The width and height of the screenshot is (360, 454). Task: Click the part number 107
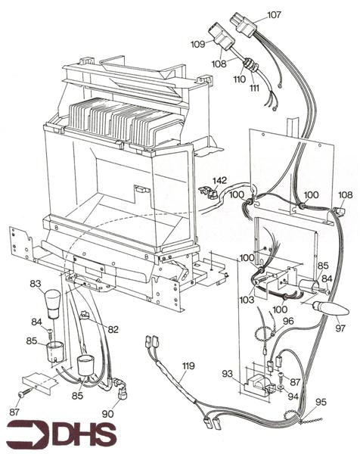[x=274, y=14]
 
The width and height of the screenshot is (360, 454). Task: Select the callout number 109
[x=198, y=44]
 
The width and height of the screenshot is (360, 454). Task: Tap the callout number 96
[x=287, y=320]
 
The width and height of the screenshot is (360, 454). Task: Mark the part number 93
[x=227, y=373]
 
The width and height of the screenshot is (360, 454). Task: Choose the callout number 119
[x=188, y=365]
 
